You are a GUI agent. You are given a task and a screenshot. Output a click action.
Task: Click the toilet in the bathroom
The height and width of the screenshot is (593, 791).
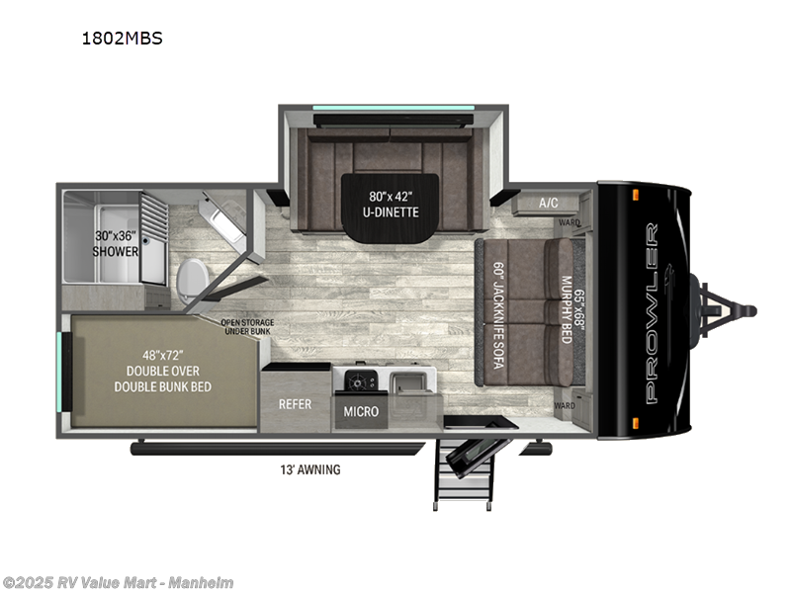[x=192, y=272]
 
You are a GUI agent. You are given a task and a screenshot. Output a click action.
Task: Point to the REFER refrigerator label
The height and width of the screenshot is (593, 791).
[x=295, y=404]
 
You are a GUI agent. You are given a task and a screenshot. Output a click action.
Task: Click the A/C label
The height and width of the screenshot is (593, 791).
[x=548, y=203]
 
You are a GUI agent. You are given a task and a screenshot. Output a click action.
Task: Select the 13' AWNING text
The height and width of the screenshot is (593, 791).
[x=310, y=470]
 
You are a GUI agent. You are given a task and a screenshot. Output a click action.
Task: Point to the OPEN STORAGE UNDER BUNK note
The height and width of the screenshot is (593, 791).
[x=247, y=327]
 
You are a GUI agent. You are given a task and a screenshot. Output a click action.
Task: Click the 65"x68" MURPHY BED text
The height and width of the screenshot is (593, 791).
[x=568, y=307]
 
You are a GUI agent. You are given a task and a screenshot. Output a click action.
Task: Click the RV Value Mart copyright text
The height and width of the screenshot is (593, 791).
[x=119, y=583]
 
